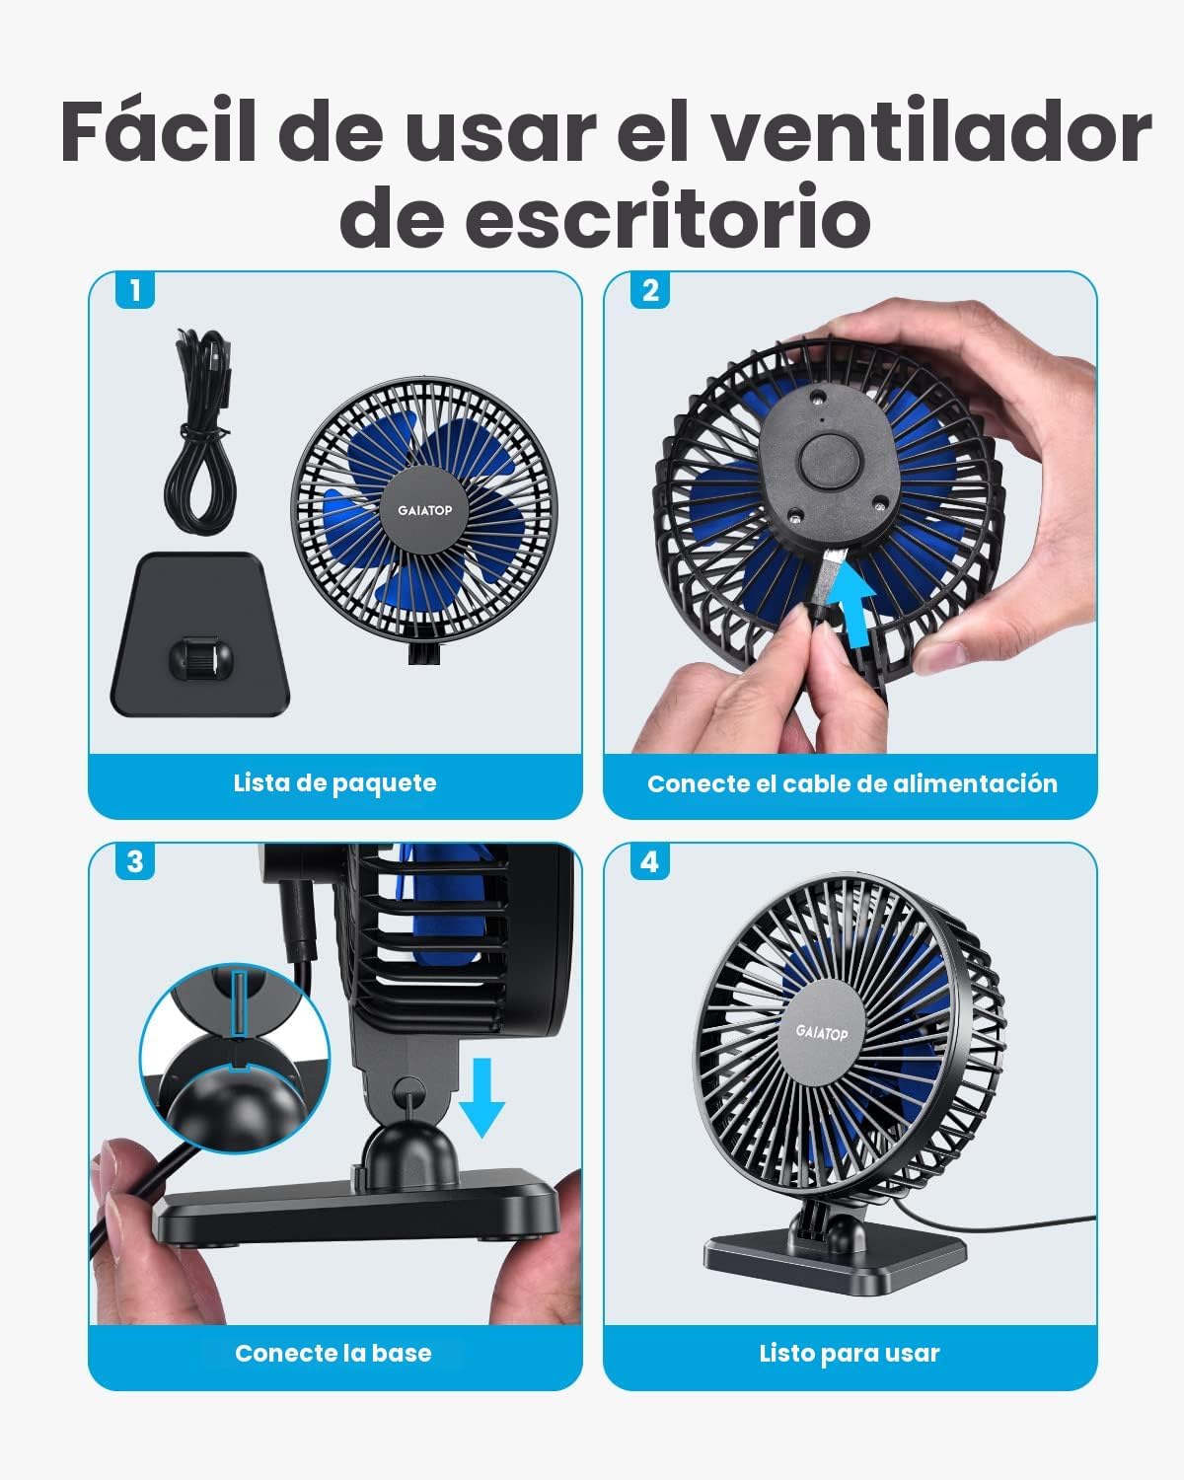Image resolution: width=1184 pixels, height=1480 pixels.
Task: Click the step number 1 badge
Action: click(135, 290)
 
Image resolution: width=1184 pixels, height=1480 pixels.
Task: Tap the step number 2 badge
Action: click(650, 290)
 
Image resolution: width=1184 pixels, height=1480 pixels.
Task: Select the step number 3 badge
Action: click(135, 861)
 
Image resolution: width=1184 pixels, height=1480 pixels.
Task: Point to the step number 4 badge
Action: click(650, 861)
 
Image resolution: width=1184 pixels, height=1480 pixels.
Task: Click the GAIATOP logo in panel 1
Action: click(425, 510)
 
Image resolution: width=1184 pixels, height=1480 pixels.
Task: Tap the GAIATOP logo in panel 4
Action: click(822, 1032)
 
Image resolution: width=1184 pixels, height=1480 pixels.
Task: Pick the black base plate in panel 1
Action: click(200, 634)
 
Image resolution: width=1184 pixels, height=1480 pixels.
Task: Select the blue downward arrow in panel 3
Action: click(481, 1097)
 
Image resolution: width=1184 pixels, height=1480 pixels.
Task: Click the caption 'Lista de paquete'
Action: click(335, 783)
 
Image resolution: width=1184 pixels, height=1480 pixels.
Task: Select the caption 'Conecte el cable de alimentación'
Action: click(851, 784)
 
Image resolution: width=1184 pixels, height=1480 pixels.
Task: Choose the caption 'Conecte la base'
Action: click(333, 1354)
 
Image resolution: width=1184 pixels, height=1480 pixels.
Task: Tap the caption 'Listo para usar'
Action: click(850, 1354)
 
